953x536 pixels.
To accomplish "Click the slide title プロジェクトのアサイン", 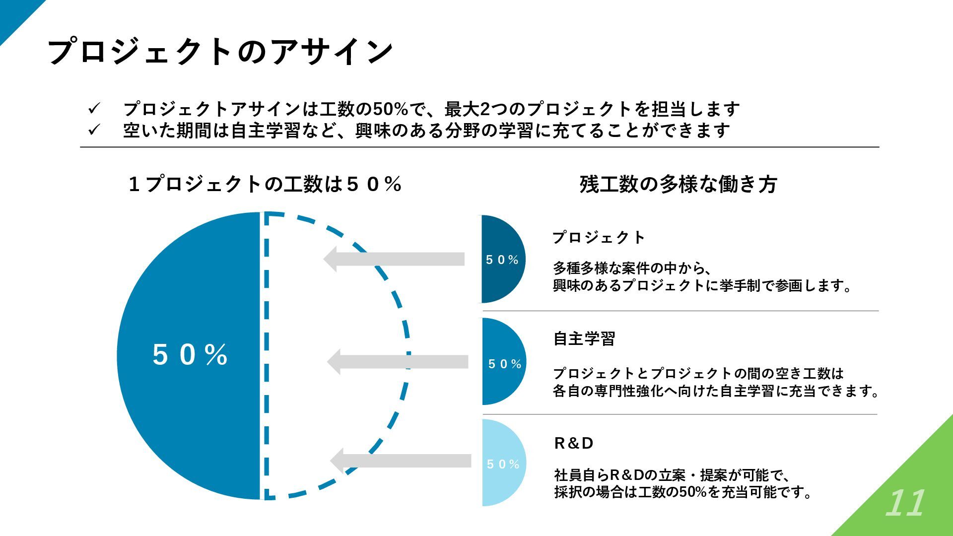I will coord(220,52).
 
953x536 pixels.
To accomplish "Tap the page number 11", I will coord(905,504).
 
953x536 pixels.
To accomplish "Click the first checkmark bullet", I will coord(94,108).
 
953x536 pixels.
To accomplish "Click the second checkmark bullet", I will coord(94,130).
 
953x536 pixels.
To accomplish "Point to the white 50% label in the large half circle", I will coord(190,355).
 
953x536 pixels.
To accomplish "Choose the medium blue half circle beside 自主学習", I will coord(501,382).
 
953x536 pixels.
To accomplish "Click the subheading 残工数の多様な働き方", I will coord(678,185).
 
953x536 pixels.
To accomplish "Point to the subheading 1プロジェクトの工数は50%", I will coord(265,185).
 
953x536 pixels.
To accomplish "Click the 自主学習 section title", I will coord(584,339).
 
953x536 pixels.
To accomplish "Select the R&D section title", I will coord(574,443).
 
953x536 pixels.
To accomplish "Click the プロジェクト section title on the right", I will coord(599,238).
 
